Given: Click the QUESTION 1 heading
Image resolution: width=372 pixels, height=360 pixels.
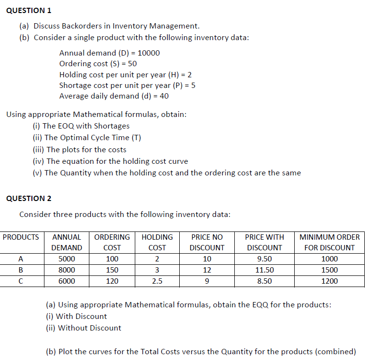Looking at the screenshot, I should point(29,10).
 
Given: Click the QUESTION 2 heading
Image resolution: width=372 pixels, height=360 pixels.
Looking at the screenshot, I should point(29,198).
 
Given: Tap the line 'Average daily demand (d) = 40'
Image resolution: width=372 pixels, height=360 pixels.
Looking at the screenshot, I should point(114,96).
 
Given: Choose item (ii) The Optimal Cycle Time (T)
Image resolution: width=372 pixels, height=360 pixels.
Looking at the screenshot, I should point(86,137).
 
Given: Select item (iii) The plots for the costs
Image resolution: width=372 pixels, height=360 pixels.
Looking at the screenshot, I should point(79,149).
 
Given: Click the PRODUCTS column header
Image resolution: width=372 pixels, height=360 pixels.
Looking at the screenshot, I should point(21,237).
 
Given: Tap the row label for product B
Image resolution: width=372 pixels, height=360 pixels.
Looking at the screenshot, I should point(21,270).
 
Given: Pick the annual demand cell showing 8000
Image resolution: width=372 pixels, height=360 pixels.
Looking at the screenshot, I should point(67,270).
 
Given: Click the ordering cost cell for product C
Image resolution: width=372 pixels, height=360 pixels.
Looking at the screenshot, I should point(112,281).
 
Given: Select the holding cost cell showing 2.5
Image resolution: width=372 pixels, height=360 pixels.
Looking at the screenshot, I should point(157,281).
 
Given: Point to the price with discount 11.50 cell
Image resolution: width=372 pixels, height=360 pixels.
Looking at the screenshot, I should point(264,270).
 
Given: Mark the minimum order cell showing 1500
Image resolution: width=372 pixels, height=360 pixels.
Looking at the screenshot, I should point(329,270).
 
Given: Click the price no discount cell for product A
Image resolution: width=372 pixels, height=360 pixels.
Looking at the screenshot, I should point(207,259).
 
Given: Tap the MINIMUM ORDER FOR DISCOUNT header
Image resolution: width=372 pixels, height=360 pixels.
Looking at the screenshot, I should point(329,242).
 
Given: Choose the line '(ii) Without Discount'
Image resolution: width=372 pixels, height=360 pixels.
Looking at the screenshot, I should point(83,328).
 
